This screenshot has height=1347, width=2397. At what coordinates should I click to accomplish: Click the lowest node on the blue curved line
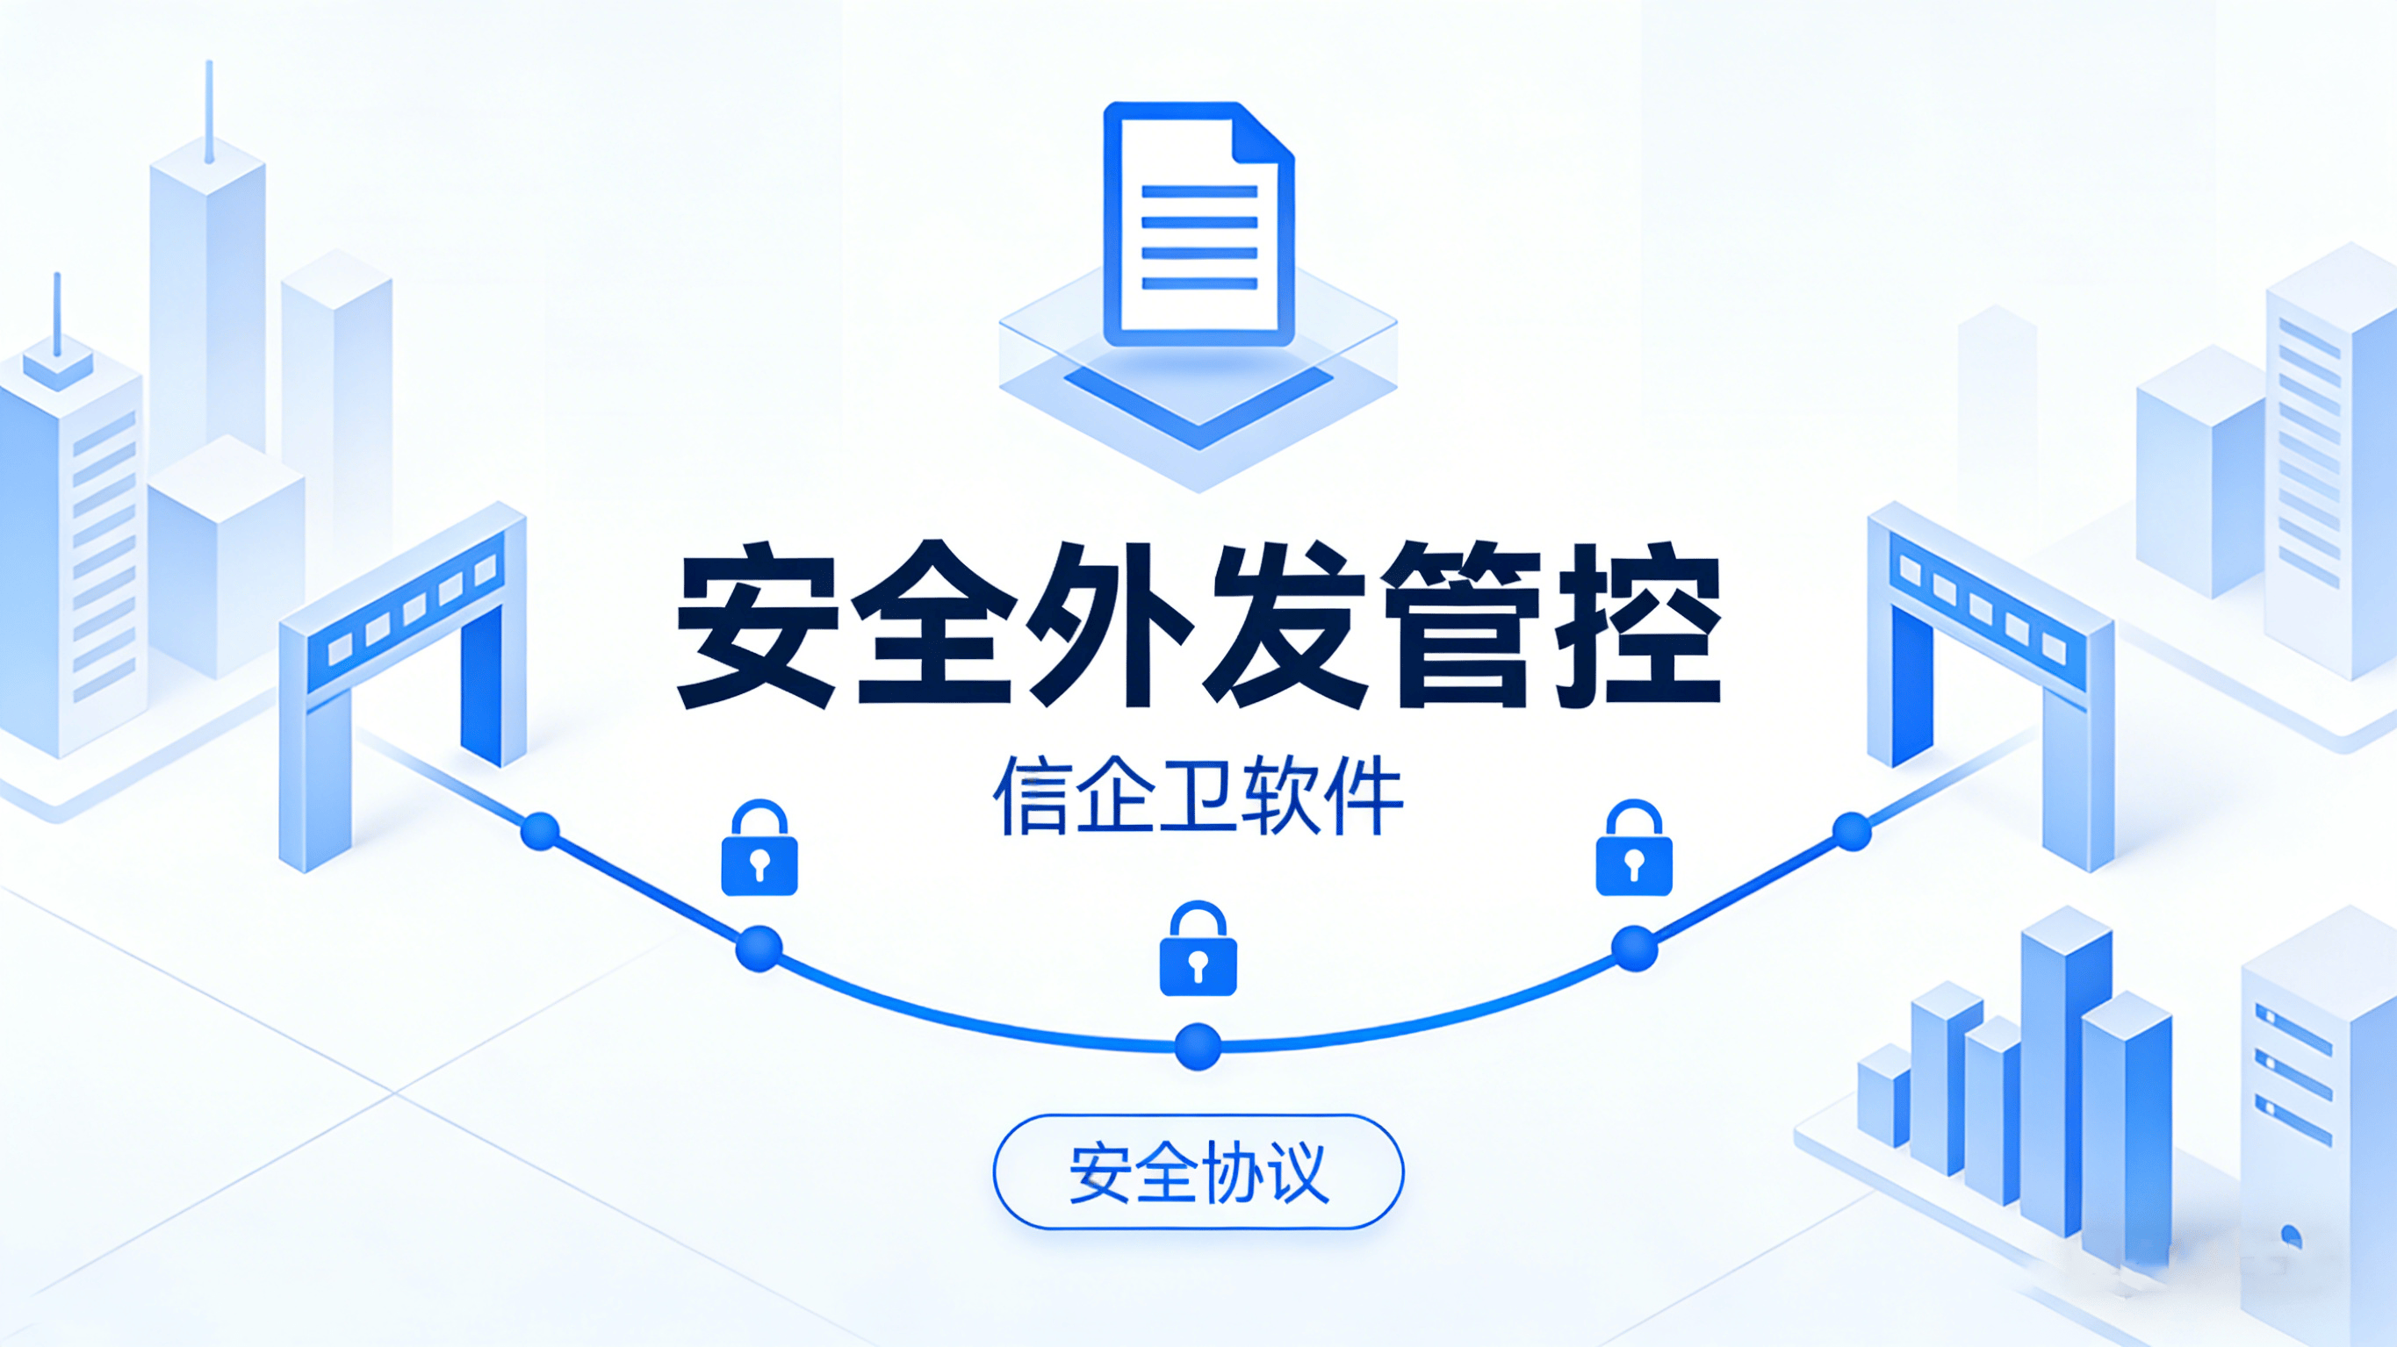click(1198, 1047)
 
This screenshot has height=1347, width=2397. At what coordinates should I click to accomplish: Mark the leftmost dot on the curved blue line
click(540, 831)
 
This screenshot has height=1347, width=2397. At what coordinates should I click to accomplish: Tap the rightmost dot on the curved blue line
click(1852, 831)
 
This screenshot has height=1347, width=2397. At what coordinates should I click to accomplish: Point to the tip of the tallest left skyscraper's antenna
click(209, 62)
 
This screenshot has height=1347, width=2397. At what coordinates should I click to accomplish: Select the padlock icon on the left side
click(759, 848)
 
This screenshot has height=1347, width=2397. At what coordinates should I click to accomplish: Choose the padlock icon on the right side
click(1634, 848)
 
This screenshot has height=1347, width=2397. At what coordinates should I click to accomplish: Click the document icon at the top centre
click(1198, 223)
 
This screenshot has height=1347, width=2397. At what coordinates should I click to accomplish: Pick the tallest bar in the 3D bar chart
click(2066, 1070)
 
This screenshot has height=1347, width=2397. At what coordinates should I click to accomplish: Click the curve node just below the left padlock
click(759, 949)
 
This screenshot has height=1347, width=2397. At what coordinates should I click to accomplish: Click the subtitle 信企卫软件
click(1198, 795)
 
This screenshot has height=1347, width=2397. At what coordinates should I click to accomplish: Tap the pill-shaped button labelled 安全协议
click(1198, 1171)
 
